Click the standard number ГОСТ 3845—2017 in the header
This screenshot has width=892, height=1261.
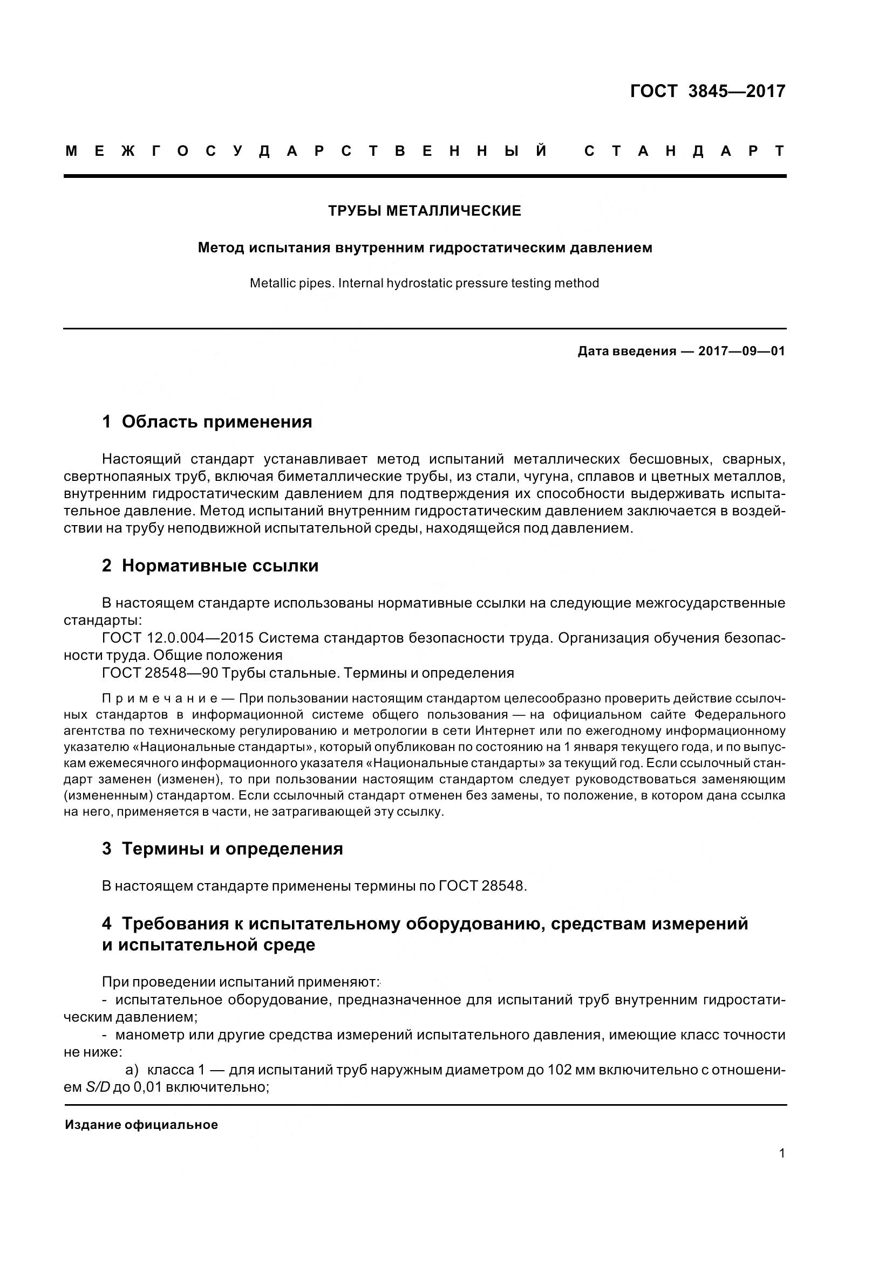coord(707,91)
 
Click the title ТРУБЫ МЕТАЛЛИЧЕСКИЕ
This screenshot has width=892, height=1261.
coord(424,211)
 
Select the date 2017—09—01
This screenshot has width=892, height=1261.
coord(741,351)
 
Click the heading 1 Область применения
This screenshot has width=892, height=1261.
coord(207,422)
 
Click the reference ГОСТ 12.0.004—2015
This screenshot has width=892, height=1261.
coord(178,638)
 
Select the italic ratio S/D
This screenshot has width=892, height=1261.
coord(98,1087)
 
